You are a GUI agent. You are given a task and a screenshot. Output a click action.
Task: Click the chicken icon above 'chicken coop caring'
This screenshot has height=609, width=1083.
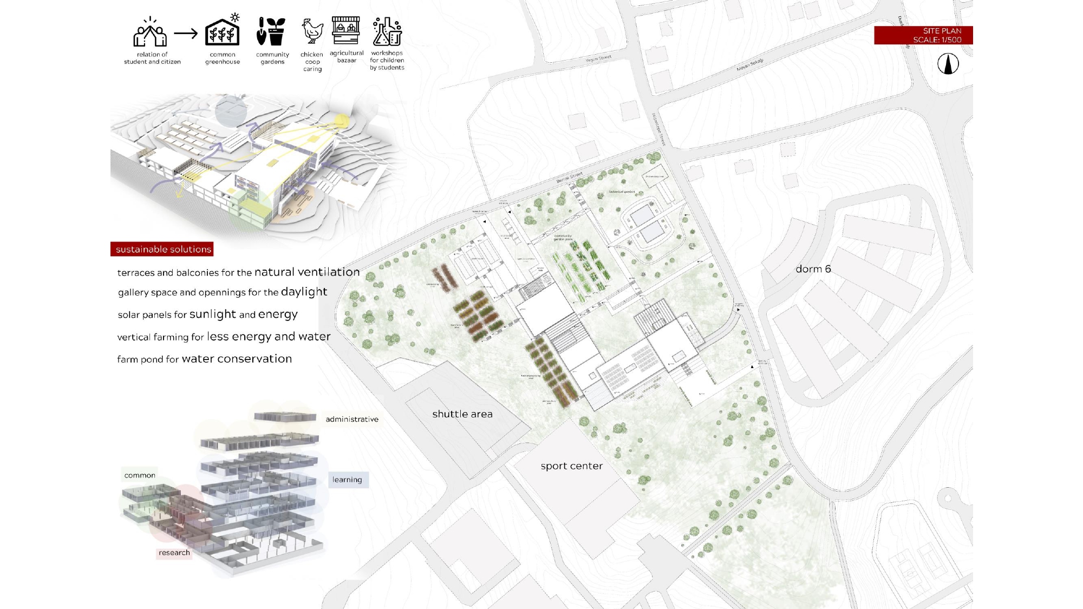312,31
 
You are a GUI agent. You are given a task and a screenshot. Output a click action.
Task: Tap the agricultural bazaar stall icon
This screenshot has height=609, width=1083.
346,30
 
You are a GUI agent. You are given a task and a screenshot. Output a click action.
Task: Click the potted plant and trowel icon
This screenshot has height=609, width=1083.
271,31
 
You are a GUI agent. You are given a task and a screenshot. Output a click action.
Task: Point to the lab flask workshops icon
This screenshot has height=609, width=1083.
387,31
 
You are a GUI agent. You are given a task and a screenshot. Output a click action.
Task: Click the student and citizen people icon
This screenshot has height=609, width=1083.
150,32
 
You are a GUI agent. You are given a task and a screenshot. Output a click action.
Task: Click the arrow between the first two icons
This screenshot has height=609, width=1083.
186,34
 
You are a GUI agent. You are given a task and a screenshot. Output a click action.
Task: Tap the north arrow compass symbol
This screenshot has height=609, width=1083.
948,64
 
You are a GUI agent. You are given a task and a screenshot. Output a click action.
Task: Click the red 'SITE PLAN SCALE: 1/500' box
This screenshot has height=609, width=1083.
923,35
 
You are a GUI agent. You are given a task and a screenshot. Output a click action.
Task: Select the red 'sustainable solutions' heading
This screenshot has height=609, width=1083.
162,249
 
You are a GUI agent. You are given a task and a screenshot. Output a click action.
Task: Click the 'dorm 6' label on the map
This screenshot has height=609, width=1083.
813,269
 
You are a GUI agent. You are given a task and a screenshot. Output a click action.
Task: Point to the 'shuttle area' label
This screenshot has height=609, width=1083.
462,414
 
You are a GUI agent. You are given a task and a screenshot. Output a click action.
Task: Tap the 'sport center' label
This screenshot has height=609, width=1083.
571,466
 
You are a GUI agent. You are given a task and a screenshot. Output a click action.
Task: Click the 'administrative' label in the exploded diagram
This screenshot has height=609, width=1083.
352,420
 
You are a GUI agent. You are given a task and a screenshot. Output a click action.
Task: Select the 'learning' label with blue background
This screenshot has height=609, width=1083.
348,480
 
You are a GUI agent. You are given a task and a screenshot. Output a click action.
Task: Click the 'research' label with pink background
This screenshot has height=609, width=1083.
174,553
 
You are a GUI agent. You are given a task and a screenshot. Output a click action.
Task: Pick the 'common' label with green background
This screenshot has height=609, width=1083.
140,475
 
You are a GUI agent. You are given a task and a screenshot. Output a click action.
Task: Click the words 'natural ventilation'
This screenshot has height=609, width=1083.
307,272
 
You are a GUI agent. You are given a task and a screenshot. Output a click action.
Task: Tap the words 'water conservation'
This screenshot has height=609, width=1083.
237,359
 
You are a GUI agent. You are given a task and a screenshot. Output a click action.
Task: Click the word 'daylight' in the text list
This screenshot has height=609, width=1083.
304,292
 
